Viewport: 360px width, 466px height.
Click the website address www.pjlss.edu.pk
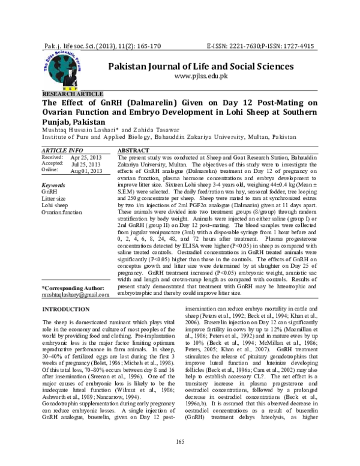[x=202, y=77]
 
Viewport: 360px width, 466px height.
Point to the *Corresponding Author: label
[x=73, y=288]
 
